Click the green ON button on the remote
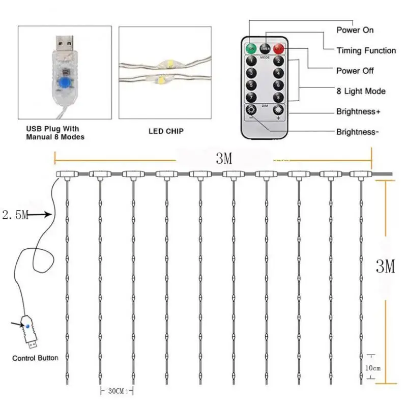[251, 49]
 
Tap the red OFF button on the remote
[278, 49]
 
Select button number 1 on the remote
[251, 62]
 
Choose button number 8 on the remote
[278, 97]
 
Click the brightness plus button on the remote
[278, 110]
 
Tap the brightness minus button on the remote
[250, 110]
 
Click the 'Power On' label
[355, 30]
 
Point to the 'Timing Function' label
[366, 50]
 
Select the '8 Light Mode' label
[361, 91]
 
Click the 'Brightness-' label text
[357, 132]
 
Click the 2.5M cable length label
[15, 215]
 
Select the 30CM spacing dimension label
[115, 391]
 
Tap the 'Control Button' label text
[35, 358]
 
